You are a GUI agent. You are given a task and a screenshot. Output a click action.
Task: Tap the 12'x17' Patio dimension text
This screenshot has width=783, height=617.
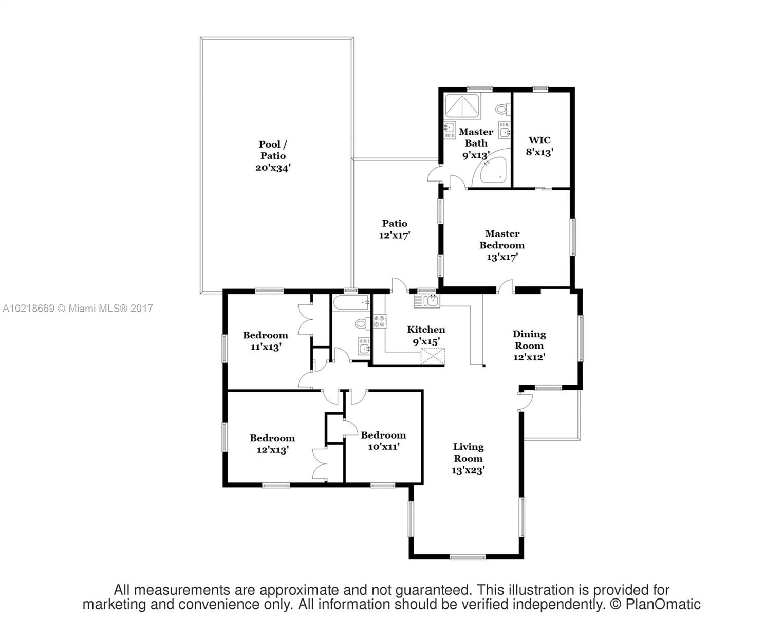[x=395, y=235]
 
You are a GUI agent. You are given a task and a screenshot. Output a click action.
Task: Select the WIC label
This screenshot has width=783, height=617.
[x=539, y=140]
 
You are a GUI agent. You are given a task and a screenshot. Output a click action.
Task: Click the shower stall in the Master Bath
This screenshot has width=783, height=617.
[x=462, y=105]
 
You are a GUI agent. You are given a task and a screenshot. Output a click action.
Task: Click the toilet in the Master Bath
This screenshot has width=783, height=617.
[x=503, y=109]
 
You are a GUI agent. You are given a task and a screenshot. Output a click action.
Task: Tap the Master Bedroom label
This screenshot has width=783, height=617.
[x=502, y=239]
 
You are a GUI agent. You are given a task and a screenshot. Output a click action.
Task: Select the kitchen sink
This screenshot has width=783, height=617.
[x=426, y=301]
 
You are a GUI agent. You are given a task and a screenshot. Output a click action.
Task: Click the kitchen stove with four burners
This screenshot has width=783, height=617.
[x=380, y=321]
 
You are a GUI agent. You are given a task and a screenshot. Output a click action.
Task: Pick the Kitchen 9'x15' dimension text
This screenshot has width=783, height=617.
[x=426, y=341]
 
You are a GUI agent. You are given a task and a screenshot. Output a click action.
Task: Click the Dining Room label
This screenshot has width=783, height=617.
[x=529, y=340]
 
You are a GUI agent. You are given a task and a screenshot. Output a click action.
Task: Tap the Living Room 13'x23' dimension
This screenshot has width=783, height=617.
[x=468, y=470]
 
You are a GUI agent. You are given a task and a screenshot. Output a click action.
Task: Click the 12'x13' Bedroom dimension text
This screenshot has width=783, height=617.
[x=272, y=450]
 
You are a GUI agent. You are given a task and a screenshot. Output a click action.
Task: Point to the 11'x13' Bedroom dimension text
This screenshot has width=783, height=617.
[x=266, y=347]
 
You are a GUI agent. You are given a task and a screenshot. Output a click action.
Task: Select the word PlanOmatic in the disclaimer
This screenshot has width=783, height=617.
[x=663, y=604]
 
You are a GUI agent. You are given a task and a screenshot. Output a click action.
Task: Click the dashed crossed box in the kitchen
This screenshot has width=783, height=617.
[x=433, y=356]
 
